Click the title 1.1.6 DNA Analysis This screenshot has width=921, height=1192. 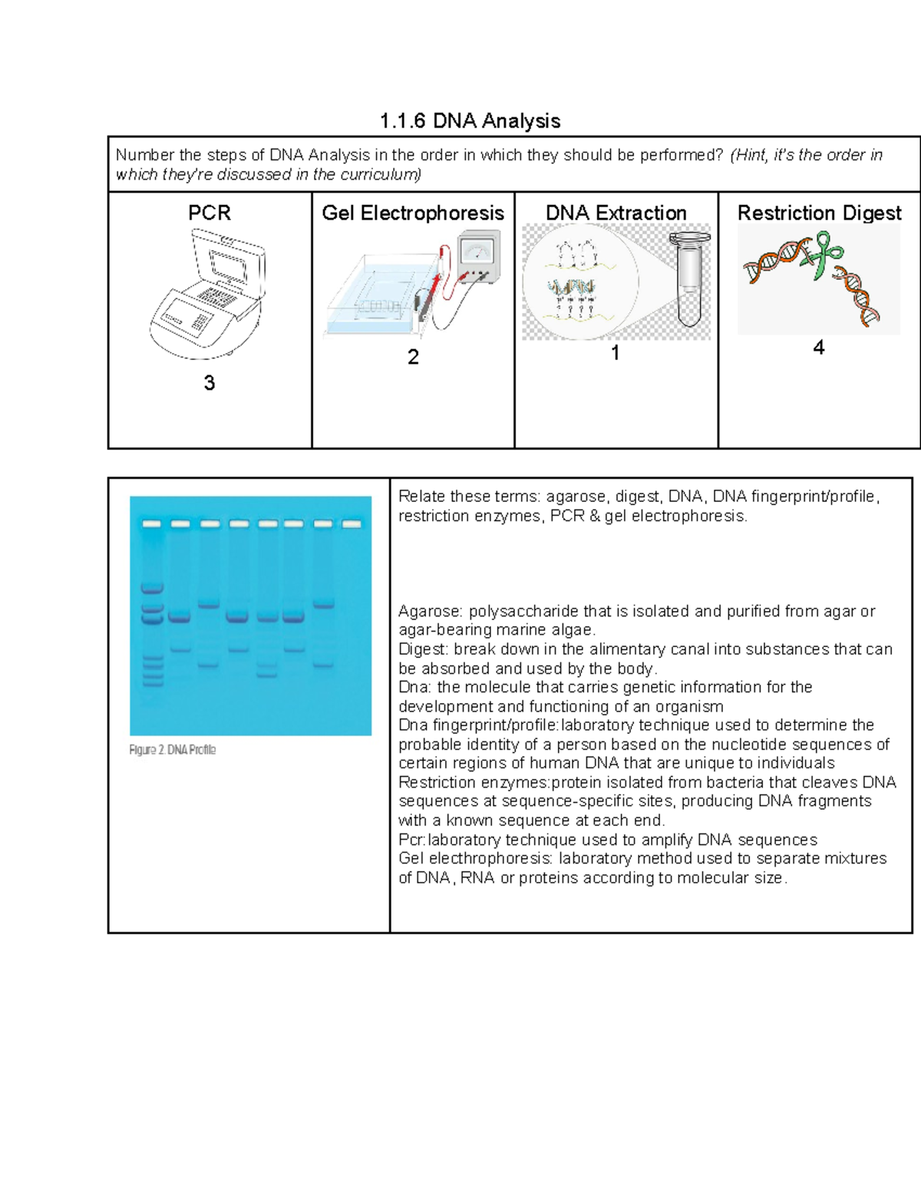point(470,121)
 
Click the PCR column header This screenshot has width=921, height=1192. point(209,213)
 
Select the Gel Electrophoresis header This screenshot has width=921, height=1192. point(412,213)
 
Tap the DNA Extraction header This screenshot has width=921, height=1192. point(616,213)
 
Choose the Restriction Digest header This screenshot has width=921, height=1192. point(819,213)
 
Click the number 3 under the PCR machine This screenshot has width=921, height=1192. point(209,383)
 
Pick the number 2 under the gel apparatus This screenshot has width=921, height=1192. point(413,357)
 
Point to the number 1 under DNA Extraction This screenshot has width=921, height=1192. point(615,353)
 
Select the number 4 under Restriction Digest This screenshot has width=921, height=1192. point(819,348)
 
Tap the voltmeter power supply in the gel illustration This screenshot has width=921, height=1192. point(479,256)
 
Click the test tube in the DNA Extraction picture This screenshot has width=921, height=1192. point(689,280)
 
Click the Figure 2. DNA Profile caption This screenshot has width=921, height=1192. point(173,750)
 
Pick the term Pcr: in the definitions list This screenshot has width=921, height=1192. point(412,840)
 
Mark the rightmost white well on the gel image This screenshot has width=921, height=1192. point(351,524)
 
